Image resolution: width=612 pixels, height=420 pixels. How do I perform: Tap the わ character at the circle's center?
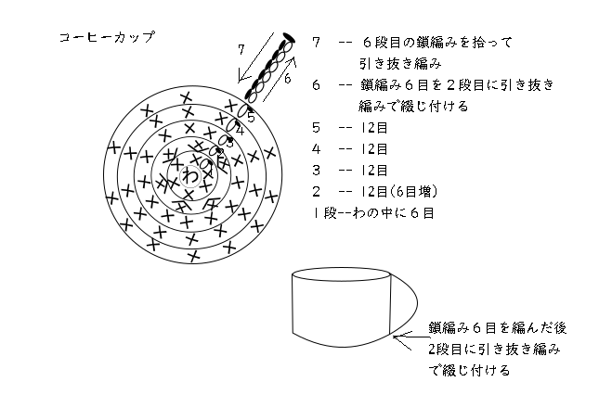click(x=190, y=174)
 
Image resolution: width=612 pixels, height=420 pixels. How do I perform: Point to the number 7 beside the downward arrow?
click(x=242, y=48)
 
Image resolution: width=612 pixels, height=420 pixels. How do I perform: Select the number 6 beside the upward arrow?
click(x=288, y=81)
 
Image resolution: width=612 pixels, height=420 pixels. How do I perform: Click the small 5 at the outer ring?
click(x=251, y=117)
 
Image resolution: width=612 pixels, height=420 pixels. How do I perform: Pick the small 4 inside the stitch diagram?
click(x=240, y=131)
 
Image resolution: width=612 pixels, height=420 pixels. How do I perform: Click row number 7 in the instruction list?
click(x=318, y=44)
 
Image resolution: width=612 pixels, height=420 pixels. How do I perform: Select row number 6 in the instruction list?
click(x=318, y=85)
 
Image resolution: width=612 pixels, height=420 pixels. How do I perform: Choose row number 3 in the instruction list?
click(x=318, y=170)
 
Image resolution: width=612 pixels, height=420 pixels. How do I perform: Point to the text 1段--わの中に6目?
click(x=376, y=212)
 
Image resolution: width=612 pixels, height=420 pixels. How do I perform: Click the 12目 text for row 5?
click(x=375, y=128)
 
